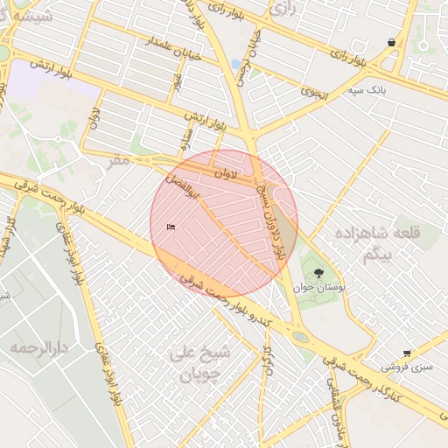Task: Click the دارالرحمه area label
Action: (39, 347)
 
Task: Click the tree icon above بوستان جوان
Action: (318, 273)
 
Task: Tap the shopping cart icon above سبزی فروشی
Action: (407, 353)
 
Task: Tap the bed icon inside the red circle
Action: (171, 227)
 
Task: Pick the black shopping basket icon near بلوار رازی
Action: (390, 42)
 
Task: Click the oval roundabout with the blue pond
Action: (300, 336)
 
